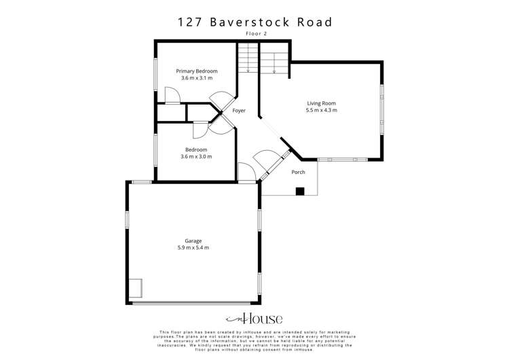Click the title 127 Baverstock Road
[x=254, y=22]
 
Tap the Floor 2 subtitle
[x=254, y=33]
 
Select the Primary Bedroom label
[x=197, y=71]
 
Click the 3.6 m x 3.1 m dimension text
[x=197, y=78]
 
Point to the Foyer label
[x=239, y=110]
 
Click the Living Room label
[x=321, y=103]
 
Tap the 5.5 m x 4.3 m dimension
[x=321, y=110]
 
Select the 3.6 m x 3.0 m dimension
[x=196, y=157]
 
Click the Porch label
[x=299, y=172]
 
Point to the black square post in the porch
[x=299, y=191]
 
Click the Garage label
[x=193, y=240]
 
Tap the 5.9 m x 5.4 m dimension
[x=193, y=248]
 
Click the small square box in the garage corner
[x=136, y=289]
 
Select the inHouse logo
[x=254, y=319]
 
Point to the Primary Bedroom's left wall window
[x=155, y=73]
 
